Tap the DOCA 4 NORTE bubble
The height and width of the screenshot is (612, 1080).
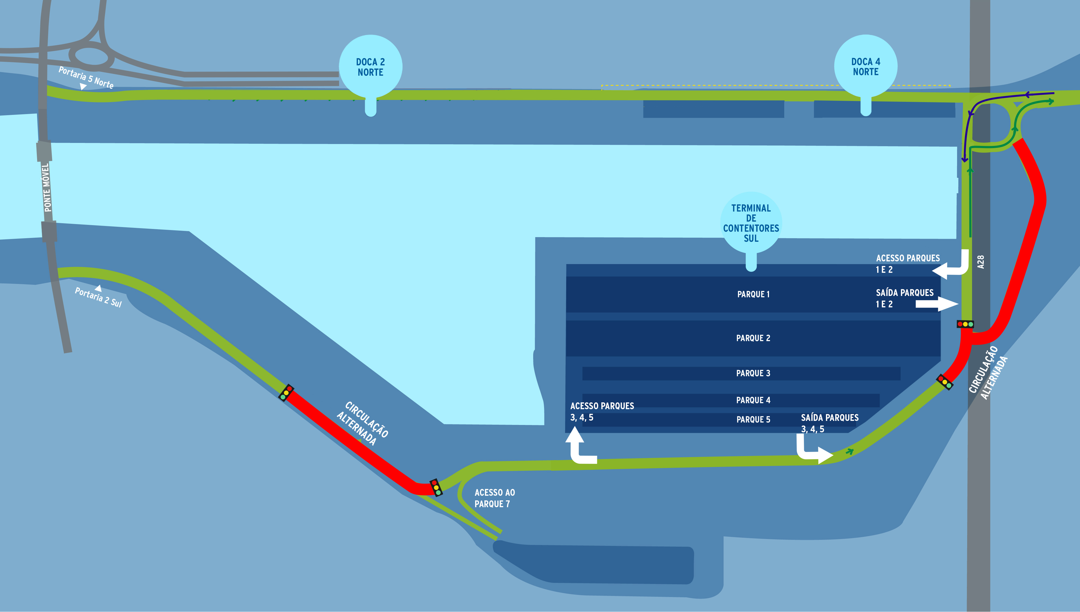(865, 67)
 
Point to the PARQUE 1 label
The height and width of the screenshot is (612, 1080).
(753, 294)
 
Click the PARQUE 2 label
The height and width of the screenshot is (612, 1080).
(753, 338)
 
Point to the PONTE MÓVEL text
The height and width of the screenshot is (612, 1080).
(47, 188)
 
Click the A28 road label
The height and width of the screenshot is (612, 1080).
(981, 262)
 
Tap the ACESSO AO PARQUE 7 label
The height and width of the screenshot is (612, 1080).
(494, 498)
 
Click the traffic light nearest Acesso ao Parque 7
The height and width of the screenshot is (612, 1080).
(436, 488)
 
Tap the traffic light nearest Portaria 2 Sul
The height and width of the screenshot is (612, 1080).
(286, 393)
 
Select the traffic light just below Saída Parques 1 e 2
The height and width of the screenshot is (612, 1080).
(965, 324)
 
